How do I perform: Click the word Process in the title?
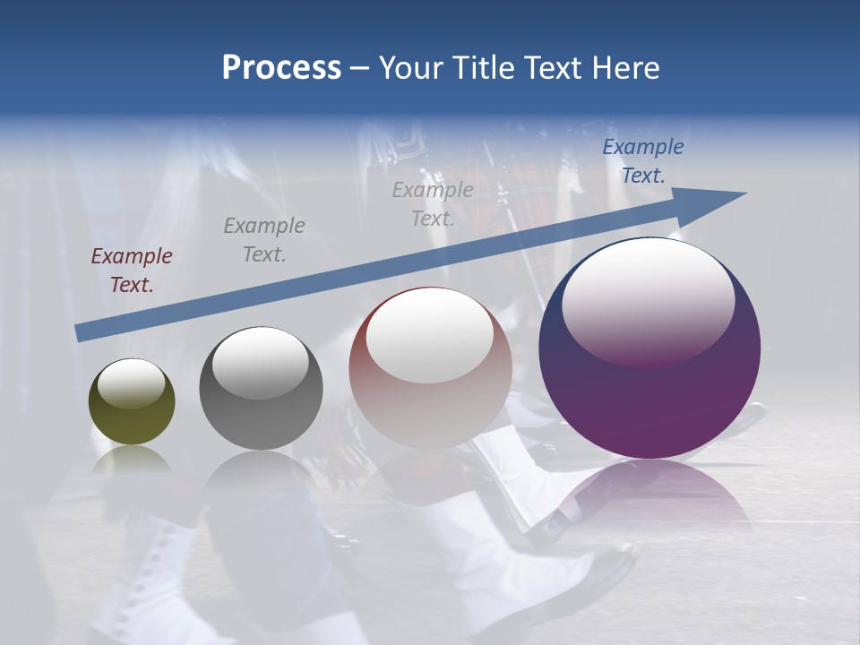(281, 68)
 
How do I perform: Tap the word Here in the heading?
(625, 68)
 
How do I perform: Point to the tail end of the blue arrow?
(79, 333)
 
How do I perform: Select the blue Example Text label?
(643, 161)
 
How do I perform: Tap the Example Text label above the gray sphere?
(264, 240)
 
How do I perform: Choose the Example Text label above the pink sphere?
(433, 204)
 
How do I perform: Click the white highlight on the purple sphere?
(648, 300)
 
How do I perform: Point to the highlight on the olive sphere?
(131, 384)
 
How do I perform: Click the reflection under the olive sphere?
(132, 461)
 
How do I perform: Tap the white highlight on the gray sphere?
(261, 363)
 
